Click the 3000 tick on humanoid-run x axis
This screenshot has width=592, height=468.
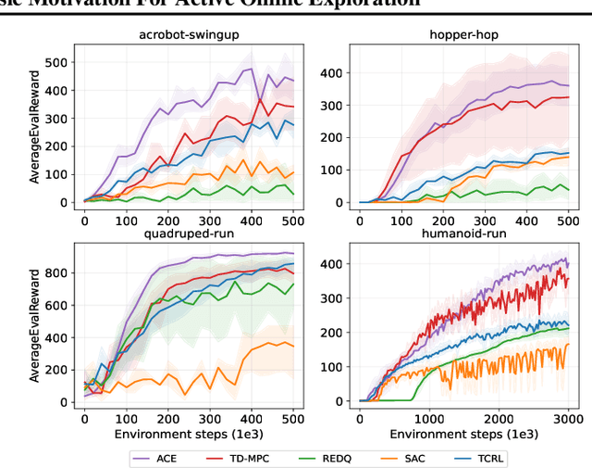click(x=567, y=416)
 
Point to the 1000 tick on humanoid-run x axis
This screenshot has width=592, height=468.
click(x=430, y=416)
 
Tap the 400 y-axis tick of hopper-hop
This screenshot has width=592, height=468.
click(x=339, y=72)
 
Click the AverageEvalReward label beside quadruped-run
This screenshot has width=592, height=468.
click(x=35, y=326)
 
